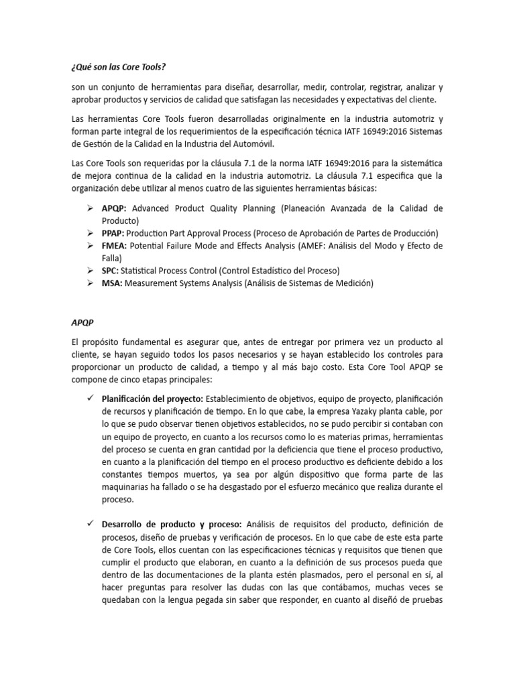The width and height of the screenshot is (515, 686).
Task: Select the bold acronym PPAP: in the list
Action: pos(117,233)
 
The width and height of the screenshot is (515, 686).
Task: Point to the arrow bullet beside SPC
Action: pos(91,271)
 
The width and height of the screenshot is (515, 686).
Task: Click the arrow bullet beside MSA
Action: pos(91,283)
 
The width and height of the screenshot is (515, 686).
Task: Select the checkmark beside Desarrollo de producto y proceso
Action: pos(91,524)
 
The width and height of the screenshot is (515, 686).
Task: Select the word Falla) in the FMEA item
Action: pos(113,259)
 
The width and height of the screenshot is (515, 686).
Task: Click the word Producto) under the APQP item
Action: pos(120,220)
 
